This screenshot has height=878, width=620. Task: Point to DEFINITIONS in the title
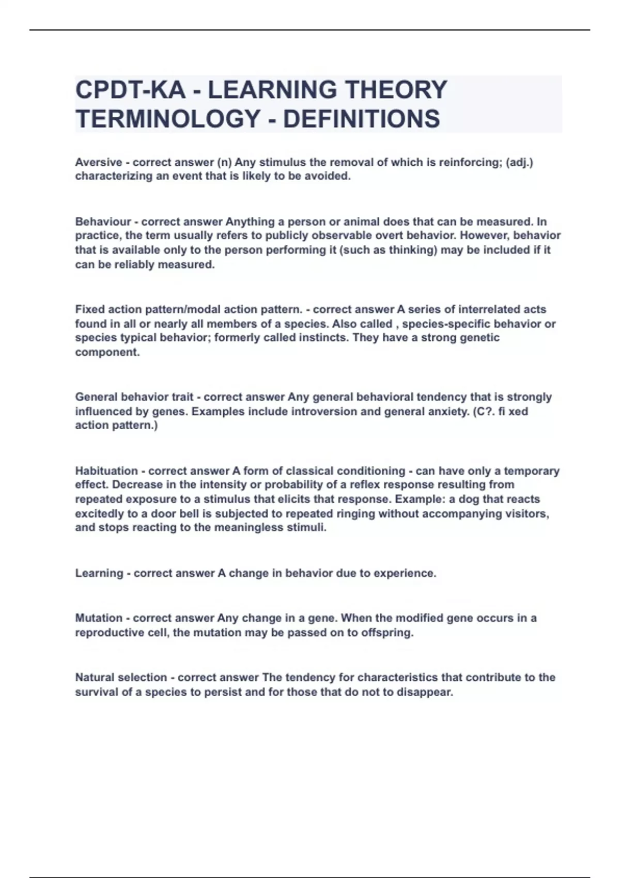tap(361, 119)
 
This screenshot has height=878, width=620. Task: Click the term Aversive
tap(99, 162)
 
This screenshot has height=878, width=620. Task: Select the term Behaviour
tap(103, 222)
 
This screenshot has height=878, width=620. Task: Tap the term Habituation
tap(109, 471)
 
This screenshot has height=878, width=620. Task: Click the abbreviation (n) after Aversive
tap(224, 162)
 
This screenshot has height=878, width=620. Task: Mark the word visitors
tap(529, 514)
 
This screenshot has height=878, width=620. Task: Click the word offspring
tap(388, 633)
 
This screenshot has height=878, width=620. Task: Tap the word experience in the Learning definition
tap(405, 573)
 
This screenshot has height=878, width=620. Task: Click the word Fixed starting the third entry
tap(89, 309)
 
